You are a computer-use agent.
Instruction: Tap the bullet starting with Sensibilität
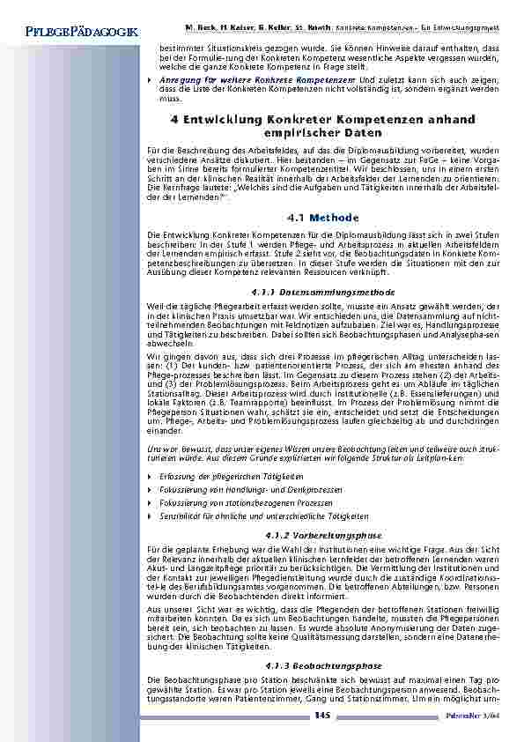click(252, 516)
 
